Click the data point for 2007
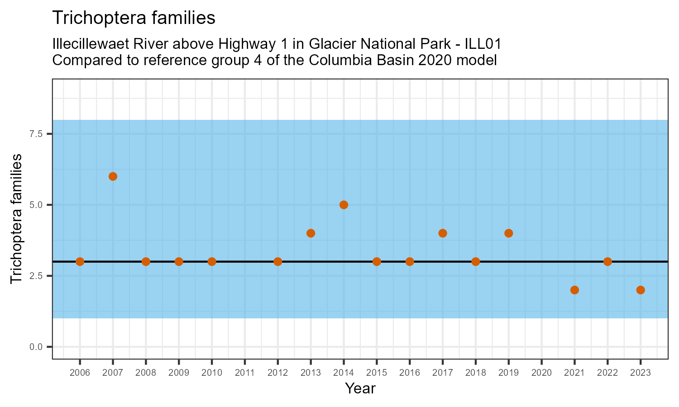coord(113,176)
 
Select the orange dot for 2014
coord(344,205)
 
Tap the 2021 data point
coord(574,290)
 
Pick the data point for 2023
coord(641,290)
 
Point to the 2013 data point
coord(311,233)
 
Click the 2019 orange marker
coord(508,233)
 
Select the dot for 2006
coord(80,261)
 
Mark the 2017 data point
coord(443,233)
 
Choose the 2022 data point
coord(607,261)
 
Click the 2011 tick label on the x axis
coord(245,373)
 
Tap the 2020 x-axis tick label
coord(541,373)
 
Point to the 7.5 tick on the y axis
coord(36,134)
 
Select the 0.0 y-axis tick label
coord(36,347)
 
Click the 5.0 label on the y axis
coord(36,205)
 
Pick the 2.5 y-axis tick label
coord(36,276)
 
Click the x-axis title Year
coord(360,388)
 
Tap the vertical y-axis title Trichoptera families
coord(17,219)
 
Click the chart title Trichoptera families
coord(134,18)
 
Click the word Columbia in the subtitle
coord(329,60)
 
